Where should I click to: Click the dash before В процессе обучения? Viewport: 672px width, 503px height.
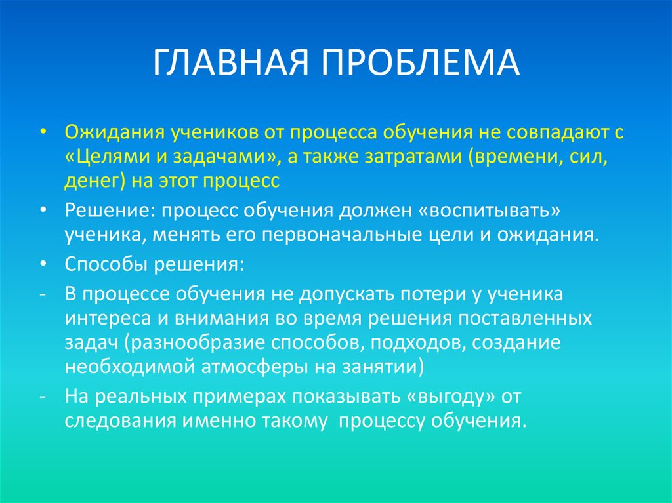coord(42,294)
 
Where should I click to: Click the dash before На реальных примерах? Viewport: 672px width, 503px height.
coord(42,396)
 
